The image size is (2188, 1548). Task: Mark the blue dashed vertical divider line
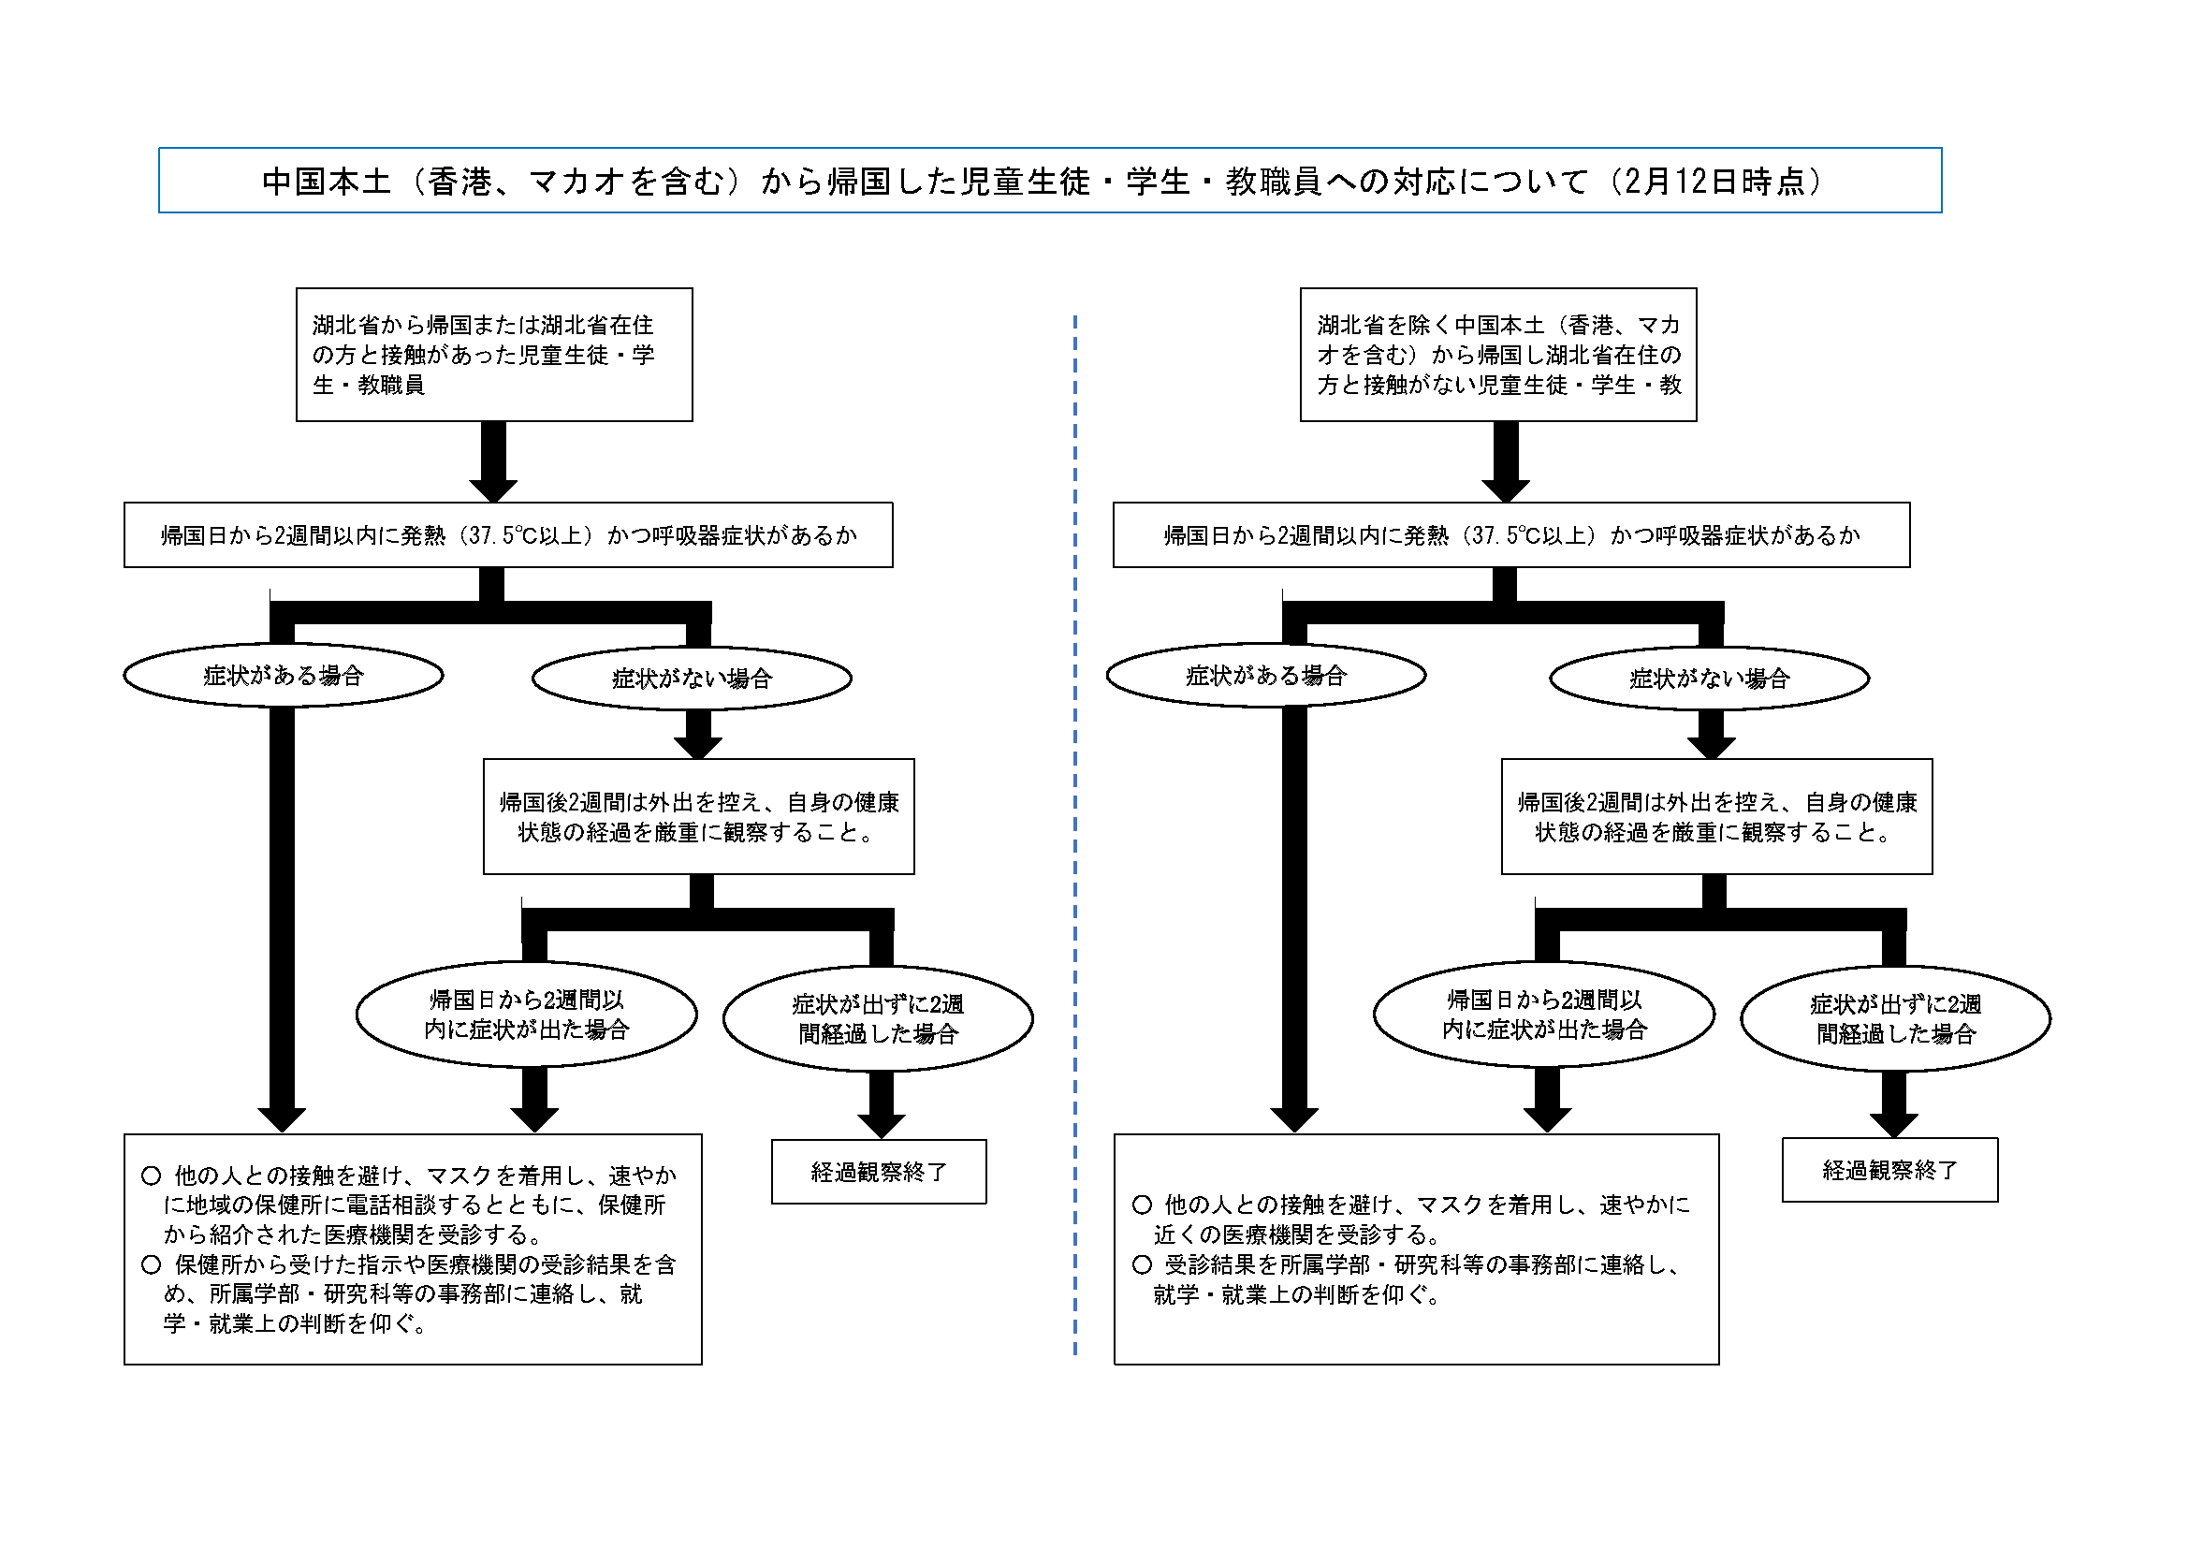coord(1075,835)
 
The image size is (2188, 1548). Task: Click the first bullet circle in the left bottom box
coord(151,1176)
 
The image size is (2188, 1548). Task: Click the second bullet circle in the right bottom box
coord(1142,1265)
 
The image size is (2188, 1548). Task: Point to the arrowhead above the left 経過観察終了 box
coord(882,1126)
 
